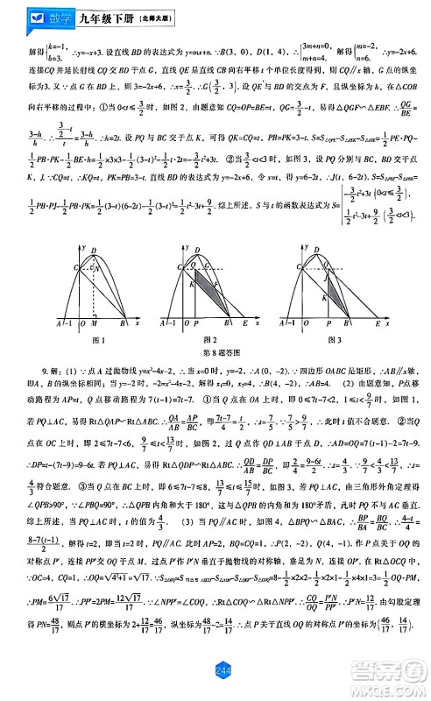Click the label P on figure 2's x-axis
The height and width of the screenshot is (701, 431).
191,325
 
